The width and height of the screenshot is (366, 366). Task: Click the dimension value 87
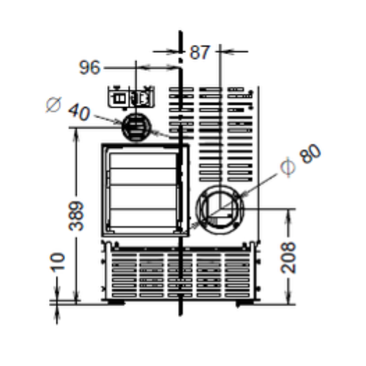199,52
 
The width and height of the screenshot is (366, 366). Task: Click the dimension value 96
89,67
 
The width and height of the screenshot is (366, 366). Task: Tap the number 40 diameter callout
79,112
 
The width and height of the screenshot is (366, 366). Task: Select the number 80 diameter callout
310,154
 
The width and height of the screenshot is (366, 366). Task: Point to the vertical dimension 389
76,216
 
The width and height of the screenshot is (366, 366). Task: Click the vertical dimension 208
288,257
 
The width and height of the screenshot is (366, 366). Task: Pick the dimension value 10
58,262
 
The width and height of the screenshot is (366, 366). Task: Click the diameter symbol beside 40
53,105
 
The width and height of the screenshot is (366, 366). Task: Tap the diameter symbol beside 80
288,167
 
